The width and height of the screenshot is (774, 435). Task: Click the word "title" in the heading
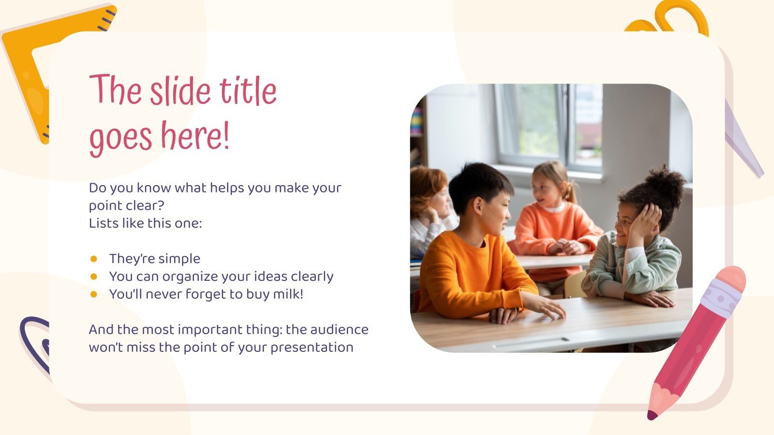coord(248,92)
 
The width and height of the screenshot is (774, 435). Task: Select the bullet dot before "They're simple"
coord(94,259)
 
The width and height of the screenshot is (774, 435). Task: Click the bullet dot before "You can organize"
coord(94,276)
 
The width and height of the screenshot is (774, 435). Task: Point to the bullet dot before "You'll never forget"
coord(94,294)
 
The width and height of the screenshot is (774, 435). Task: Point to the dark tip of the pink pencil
coord(652,415)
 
